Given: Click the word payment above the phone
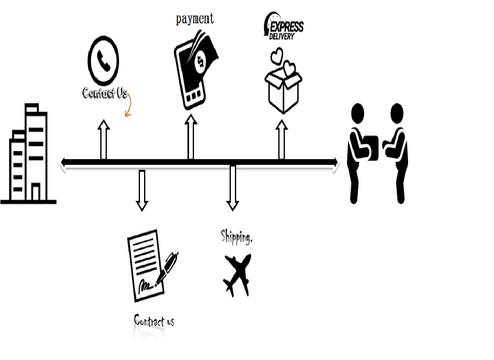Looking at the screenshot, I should (x=195, y=19).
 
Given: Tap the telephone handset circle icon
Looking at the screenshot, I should (x=103, y=61).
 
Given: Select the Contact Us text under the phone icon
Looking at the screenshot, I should (x=105, y=93).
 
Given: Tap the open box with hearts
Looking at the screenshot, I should (x=283, y=83).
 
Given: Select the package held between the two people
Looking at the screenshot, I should (x=371, y=147).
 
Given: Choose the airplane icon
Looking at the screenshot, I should (x=237, y=275).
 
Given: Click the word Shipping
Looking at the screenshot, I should (x=236, y=236).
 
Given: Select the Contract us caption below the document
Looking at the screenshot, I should (x=154, y=321).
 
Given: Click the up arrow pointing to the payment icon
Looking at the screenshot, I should (x=191, y=137).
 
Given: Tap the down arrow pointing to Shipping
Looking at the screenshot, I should (x=232, y=188).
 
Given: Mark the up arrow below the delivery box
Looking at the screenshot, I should (x=281, y=139).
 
